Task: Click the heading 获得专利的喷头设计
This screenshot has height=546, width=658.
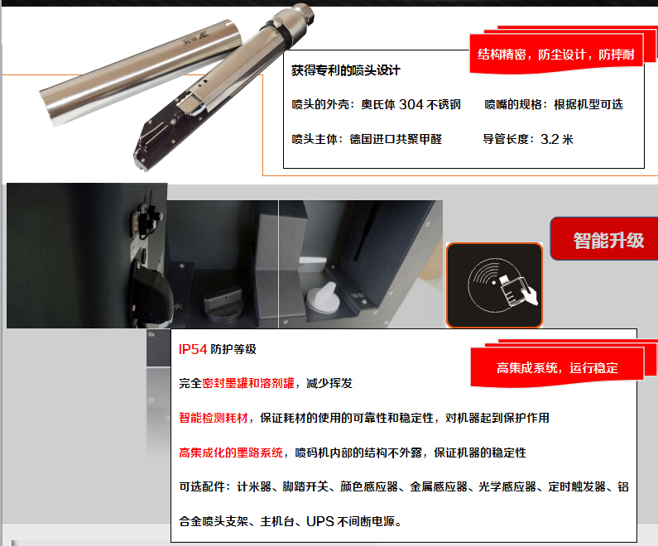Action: pos(346,70)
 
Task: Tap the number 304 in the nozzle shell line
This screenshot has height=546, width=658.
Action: pos(411,104)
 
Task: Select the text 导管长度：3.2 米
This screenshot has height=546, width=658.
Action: pos(528,139)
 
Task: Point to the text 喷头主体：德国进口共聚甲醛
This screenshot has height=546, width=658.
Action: pos(367,139)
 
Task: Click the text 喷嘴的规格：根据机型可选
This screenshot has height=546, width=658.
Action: pos(554,104)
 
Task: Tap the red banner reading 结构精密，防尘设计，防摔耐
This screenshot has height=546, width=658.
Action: pos(556,54)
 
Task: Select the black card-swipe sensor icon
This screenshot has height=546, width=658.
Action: pos(494,285)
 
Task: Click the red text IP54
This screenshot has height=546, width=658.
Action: pos(193,349)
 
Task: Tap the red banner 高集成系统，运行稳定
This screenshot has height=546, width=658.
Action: pos(557,367)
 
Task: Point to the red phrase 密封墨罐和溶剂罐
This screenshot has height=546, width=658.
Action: pos(248,383)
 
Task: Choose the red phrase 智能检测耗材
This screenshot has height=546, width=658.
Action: pos(214,418)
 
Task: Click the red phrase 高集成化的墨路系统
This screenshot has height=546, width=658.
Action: pos(231,453)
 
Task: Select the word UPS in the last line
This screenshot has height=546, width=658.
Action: pos(319,521)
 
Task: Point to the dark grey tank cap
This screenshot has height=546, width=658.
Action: pos(223,304)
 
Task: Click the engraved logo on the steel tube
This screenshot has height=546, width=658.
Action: pos(196,39)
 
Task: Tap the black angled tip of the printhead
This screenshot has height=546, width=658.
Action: pos(142,156)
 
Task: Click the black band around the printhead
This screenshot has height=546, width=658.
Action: pos(283,31)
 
